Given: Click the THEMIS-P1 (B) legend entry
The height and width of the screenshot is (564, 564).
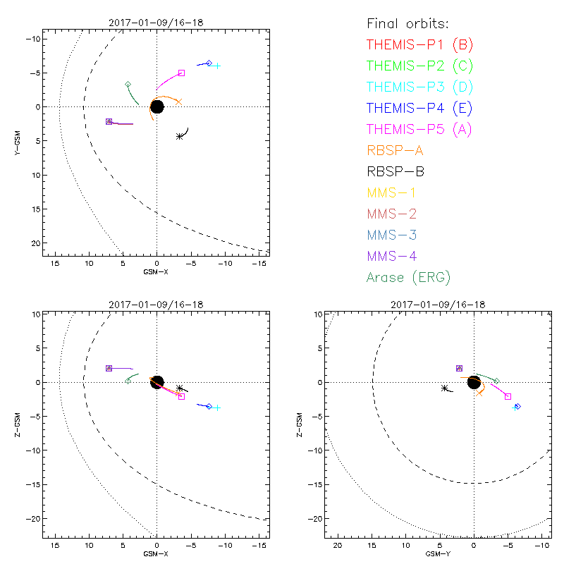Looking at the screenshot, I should tap(419, 45).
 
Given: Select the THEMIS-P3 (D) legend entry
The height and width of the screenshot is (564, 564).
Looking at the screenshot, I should tap(419, 87).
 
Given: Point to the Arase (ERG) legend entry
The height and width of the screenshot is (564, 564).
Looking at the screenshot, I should tap(408, 277).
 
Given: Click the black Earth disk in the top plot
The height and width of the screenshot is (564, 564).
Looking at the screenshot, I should tap(157, 107).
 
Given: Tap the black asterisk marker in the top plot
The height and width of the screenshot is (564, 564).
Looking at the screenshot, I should tap(180, 136).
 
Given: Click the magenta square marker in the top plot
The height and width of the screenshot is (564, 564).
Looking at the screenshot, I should tap(181, 73).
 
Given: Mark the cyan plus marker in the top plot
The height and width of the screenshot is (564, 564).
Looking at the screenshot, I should tap(217, 66).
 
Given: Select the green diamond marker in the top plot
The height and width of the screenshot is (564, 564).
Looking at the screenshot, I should tap(128, 85).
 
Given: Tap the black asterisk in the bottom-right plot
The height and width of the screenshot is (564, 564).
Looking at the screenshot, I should tap(444, 388).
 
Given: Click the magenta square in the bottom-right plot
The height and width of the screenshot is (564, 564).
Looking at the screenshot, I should tap(508, 397).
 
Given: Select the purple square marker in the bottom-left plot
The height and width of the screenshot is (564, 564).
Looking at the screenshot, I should tap(109, 368).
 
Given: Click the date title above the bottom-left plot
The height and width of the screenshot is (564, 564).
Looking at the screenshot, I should tap(156, 305).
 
